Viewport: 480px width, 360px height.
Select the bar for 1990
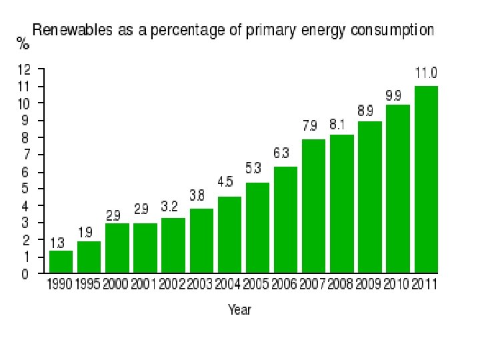click(61, 262)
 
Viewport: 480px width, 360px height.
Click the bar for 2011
click(426, 179)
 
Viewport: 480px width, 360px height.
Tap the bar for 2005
click(257, 227)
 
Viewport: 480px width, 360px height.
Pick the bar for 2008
click(342, 203)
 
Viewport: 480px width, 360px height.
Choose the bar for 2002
click(173, 245)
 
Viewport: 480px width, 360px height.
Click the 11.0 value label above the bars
click(426, 73)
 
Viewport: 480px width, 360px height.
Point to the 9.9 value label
click(398, 95)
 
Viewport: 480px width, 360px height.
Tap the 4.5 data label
click(229, 182)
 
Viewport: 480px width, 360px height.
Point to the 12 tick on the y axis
click(24, 69)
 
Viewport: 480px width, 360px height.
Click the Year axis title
click(240, 309)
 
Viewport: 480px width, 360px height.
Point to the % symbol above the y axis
click(23, 44)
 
